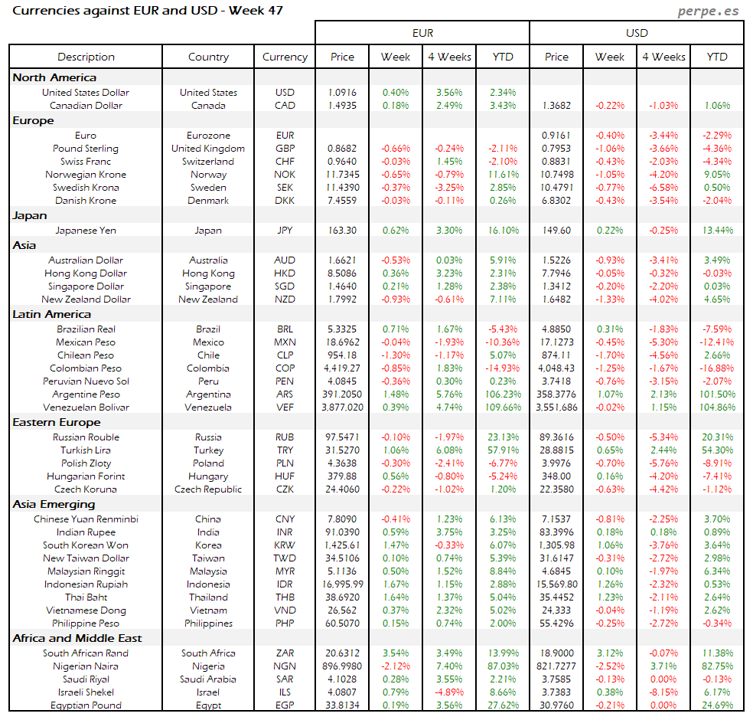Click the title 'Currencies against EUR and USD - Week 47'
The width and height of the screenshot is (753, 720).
148,11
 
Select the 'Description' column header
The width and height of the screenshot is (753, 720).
86,57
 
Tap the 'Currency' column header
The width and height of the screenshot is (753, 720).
285,57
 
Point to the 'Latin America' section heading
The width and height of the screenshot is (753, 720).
51,314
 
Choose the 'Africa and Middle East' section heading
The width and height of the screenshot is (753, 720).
77,638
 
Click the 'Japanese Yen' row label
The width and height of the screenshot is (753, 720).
86,230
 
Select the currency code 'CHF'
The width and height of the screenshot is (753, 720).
285,162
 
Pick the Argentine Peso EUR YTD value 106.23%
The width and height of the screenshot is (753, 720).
503,394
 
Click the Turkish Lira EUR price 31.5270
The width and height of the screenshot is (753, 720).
342,450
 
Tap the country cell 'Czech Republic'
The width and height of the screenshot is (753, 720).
208,489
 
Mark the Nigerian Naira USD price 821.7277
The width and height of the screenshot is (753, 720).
556,666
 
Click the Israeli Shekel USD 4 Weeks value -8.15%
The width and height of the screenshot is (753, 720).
663,692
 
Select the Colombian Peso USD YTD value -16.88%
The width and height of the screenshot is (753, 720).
717,368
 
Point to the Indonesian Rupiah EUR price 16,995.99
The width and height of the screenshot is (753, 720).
342,584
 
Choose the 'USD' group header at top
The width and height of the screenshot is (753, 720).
637,33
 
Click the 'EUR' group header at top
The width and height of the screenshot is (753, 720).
422,33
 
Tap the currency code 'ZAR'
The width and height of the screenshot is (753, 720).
285,653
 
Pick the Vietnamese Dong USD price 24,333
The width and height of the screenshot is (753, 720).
556,610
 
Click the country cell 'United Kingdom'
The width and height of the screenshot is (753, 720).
208,149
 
